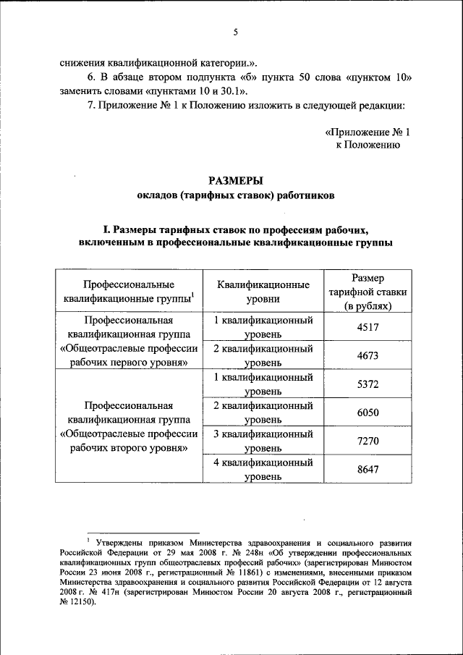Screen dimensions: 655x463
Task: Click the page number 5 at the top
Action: (235, 32)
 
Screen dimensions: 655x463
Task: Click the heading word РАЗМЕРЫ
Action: (235, 180)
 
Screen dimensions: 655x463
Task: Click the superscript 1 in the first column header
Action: (194, 295)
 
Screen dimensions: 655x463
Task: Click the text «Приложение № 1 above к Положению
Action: (368, 132)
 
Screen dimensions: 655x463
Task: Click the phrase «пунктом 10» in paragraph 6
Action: (380, 77)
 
